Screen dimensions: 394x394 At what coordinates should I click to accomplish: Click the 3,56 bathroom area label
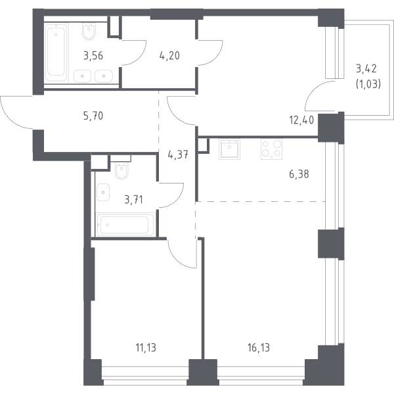point(93,56)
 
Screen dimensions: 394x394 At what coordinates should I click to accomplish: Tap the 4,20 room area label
point(169,56)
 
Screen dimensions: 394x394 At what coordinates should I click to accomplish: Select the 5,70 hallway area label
point(93,116)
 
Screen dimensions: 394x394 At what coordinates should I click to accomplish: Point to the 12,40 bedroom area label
point(301,120)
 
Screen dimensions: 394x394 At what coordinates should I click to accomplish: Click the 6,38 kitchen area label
point(299,174)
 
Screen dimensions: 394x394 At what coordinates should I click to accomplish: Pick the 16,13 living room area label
point(259,348)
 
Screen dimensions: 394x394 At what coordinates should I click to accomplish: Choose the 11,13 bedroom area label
point(146,348)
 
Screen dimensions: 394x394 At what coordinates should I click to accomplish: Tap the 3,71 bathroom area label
point(134,200)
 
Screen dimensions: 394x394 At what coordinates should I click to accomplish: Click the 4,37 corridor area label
point(178,155)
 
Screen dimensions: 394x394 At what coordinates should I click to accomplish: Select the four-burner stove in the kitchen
point(271,149)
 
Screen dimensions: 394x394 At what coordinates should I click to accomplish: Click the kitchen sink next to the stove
point(229,149)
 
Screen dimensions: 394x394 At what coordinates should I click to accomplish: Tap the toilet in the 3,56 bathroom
point(89,31)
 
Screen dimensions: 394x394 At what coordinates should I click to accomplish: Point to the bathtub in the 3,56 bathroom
point(56,52)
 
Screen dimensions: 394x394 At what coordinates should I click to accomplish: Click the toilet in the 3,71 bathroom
point(121,169)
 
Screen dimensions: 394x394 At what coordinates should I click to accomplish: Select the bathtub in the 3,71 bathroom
point(125,225)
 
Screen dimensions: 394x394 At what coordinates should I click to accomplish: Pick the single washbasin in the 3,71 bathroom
point(103,192)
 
